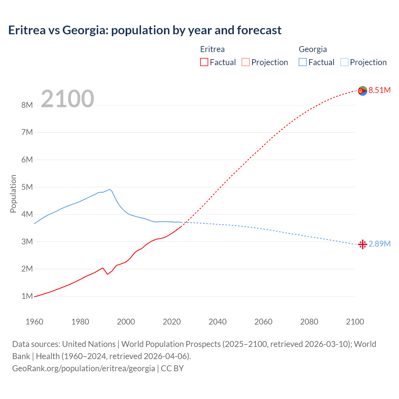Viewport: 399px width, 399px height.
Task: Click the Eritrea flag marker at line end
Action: pyautogui.click(x=363, y=91)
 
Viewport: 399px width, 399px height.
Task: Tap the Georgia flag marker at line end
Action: pyautogui.click(x=363, y=244)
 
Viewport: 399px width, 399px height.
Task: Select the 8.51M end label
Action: pyautogui.click(x=379, y=90)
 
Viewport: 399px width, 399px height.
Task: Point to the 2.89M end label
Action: pyautogui.click(x=379, y=244)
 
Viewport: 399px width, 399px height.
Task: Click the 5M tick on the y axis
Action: pyautogui.click(x=27, y=187)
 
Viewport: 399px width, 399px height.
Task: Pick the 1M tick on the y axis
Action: pyautogui.click(x=27, y=296)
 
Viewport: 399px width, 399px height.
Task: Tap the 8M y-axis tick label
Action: pyautogui.click(x=27, y=105)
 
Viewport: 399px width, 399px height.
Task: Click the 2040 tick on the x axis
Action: pyautogui.click(x=218, y=322)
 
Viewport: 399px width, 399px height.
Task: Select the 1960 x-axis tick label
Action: pyautogui.click(x=34, y=322)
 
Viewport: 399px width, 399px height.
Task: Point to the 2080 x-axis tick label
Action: pyautogui.click(x=309, y=322)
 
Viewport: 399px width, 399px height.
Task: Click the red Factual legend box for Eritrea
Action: pyautogui.click(x=204, y=62)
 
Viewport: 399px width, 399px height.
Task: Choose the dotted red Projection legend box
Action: pyautogui.click(x=246, y=62)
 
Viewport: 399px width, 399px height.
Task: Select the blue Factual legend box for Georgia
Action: pyautogui.click(x=303, y=62)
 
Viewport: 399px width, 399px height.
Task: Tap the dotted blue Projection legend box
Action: pyautogui.click(x=344, y=62)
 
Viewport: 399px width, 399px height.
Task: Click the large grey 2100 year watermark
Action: pyautogui.click(x=67, y=99)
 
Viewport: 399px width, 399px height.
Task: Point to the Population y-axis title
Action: pyautogui.click(x=13, y=194)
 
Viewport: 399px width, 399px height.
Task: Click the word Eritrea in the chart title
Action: pyautogui.click(x=27, y=30)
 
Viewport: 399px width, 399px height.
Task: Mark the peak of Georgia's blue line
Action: pyautogui.click(x=110, y=189)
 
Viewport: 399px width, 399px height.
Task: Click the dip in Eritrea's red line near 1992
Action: pyautogui.click(x=108, y=274)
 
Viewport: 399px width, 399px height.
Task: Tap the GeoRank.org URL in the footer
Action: pyautogui.click(x=84, y=368)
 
